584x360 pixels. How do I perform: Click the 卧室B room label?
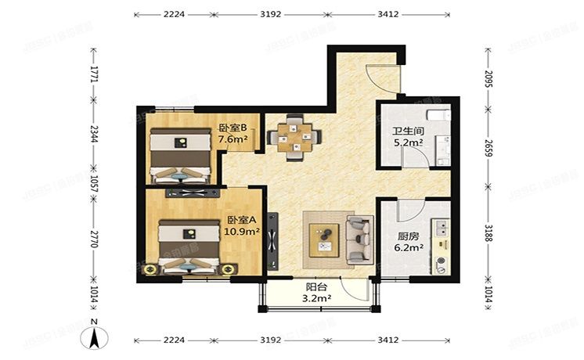tap(233, 128)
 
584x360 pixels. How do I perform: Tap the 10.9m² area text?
tap(241, 232)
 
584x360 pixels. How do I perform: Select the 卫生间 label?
tap(407, 131)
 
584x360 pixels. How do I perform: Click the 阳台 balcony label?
tap(317, 286)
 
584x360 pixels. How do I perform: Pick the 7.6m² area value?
tap(233, 140)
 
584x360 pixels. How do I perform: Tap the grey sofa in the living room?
tap(359, 239)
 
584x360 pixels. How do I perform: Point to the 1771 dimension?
tap(93, 74)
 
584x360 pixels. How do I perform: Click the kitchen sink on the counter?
tap(441, 229)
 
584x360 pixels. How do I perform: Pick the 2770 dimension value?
tap(93, 234)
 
